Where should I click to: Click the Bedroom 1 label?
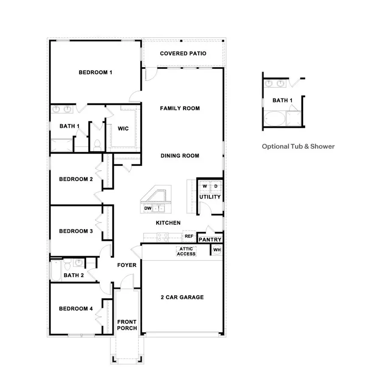click(x=95, y=73)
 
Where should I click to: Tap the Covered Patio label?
click(x=183, y=53)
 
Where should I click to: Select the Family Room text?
click(x=180, y=109)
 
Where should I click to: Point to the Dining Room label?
click(x=180, y=156)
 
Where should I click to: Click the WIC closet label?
click(x=123, y=129)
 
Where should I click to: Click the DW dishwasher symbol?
click(x=148, y=208)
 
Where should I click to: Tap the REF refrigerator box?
click(x=188, y=236)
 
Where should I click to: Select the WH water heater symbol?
click(x=217, y=250)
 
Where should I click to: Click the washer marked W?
click(x=205, y=186)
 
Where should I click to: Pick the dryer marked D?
click(x=216, y=186)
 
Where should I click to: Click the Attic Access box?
click(x=186, y=251)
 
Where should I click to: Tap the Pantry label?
click(x=210, y=240)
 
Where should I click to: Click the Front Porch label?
click(x=127, y=325)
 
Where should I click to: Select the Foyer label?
click(x=127, y=265)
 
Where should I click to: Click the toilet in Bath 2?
click(x=67, y=266)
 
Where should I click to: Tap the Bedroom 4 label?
click(x=76, y=309)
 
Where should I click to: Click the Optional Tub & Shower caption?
click(x=298, y=146)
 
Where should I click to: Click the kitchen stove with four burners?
click(x=163, y=237)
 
